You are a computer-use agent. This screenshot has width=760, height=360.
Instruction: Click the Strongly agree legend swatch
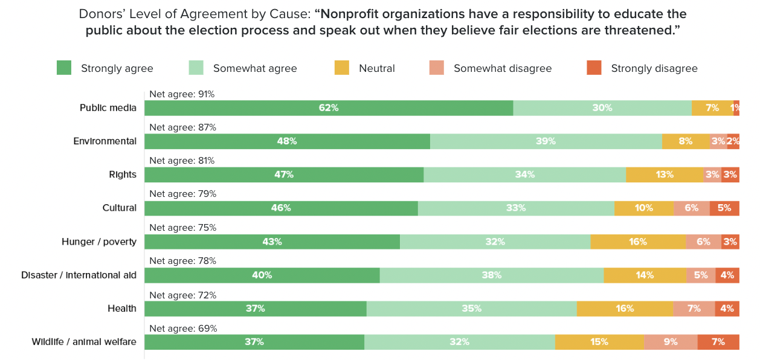point(64,68)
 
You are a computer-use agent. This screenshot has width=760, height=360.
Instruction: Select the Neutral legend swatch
point(342,68)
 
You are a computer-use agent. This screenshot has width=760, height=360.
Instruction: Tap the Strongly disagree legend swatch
point(594,68)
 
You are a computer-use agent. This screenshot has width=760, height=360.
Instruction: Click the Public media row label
point(108,108)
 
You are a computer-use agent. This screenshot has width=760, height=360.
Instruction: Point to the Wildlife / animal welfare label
point(84,342)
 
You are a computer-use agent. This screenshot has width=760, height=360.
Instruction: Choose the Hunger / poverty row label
point(99,242)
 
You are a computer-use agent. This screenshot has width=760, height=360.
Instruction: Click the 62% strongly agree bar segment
point(329,108)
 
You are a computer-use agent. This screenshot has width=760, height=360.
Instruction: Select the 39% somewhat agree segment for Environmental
point(546,141)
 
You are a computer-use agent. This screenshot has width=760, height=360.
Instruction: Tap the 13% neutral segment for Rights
point(665,175)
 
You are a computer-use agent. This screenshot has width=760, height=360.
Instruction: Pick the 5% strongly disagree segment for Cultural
point(724,208)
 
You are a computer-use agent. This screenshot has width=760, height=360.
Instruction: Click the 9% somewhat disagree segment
point(671,342)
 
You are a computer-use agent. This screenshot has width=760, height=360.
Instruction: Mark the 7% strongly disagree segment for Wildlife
point(718,342)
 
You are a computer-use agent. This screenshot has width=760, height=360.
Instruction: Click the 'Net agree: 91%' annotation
point(182,94)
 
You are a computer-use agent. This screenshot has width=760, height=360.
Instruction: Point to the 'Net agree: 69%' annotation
point(182,329)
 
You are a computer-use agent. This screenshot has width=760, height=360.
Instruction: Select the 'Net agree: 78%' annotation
point(182,261)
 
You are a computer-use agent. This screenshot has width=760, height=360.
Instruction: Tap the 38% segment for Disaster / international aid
point(492,275)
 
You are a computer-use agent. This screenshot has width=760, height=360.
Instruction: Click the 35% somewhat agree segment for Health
point(471,309)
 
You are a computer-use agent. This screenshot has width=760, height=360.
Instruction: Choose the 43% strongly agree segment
point(272,242)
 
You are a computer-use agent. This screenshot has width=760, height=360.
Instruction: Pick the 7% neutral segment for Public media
point(712,108)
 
